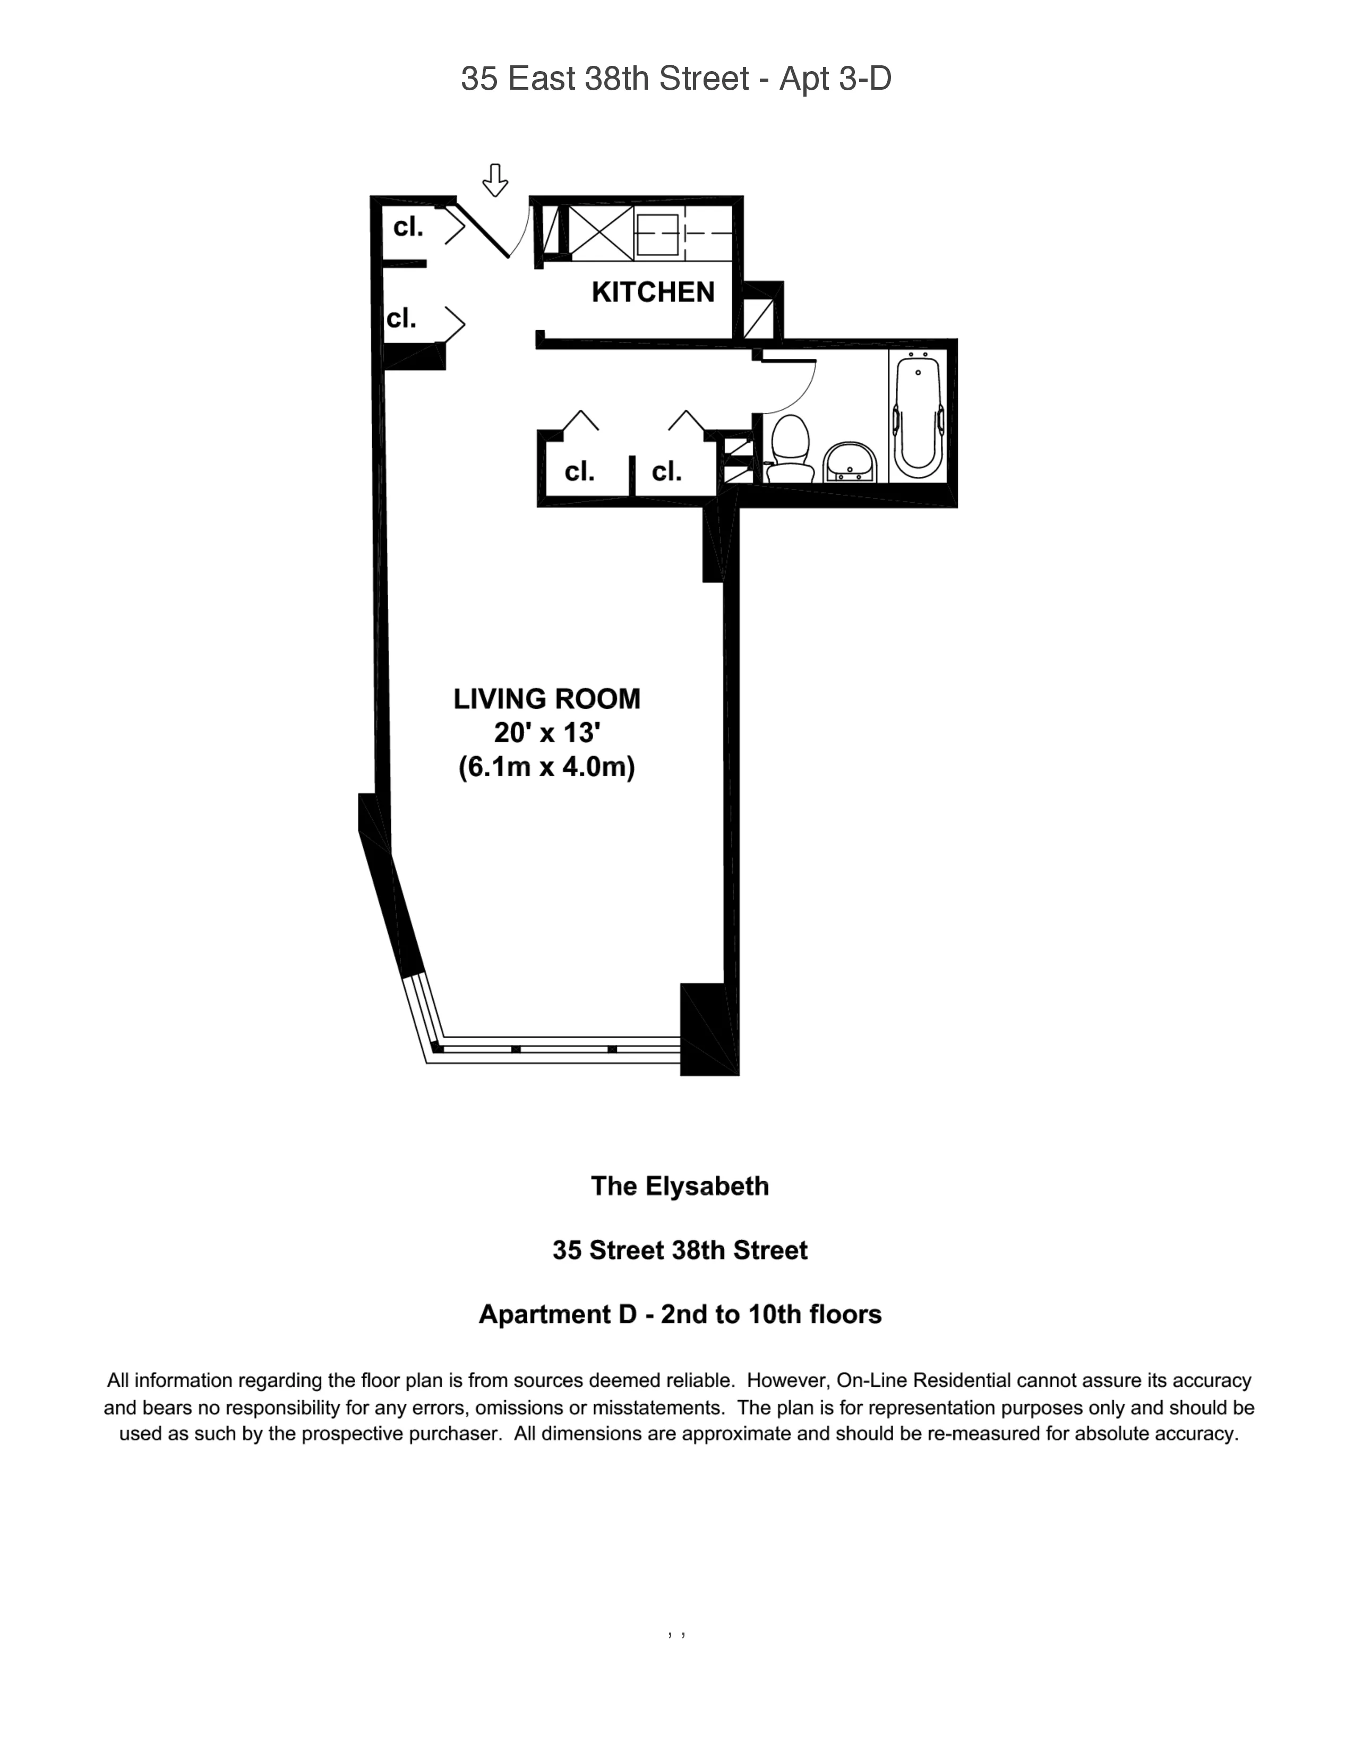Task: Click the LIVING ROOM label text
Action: point(547,699)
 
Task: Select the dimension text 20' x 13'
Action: point(547,733)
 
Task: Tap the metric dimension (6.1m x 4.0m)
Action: point(547,768)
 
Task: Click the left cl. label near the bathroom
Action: point(579,471)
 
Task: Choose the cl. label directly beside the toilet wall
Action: point(666,471)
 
